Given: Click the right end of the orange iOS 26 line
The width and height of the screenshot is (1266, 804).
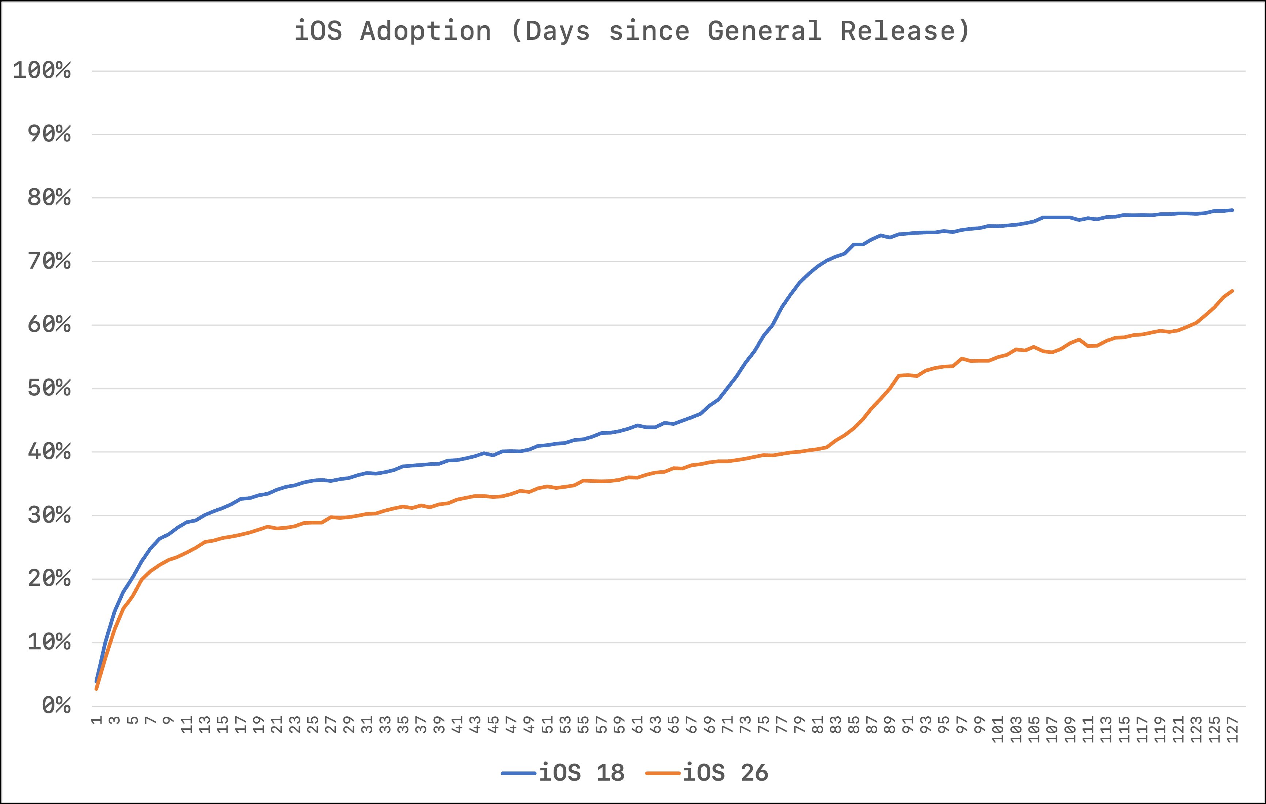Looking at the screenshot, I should tap(1232, 291).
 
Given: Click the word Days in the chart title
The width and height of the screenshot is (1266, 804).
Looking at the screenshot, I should tap(557, 31).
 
